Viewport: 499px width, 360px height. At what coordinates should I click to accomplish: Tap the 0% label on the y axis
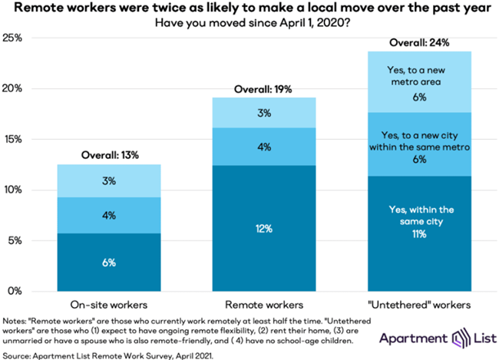[16, 291]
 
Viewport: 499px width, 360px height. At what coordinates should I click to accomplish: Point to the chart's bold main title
[249, 9]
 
